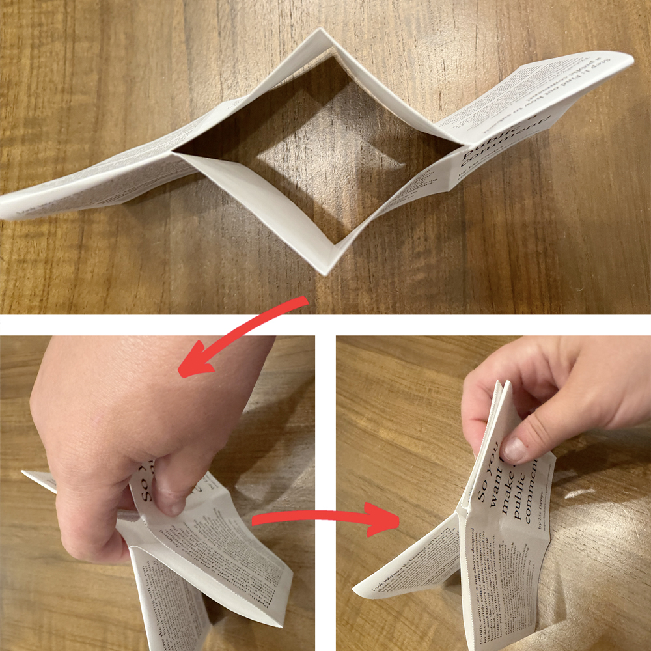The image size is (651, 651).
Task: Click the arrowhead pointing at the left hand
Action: [x=189, y=368]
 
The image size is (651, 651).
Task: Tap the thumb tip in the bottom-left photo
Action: [x=169, y=503]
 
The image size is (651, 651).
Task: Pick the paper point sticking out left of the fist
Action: [x=26, y=475]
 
